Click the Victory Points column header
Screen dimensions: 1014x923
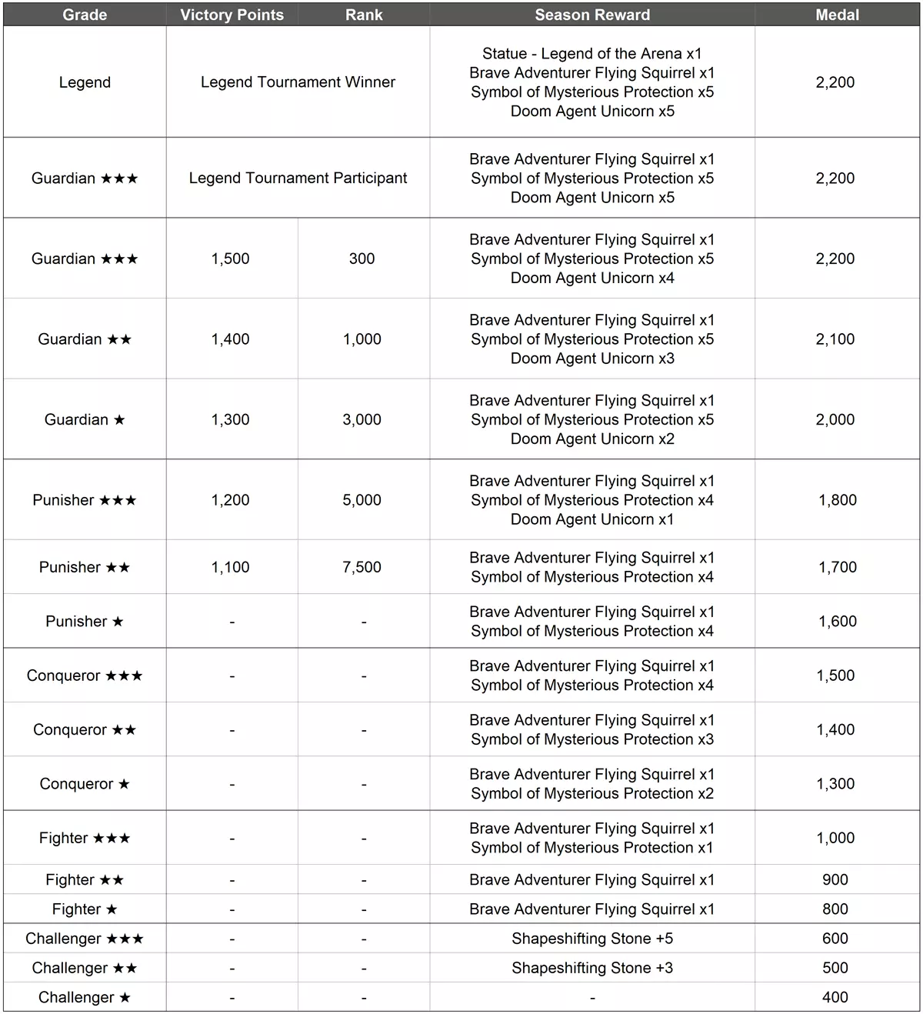232,15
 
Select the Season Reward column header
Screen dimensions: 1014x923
592,15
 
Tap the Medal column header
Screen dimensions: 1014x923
837,15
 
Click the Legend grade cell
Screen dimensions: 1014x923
85,82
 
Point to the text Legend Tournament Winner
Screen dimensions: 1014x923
298,82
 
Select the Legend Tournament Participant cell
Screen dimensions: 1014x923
298,178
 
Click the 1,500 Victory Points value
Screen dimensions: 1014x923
231,259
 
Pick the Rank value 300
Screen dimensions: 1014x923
362,259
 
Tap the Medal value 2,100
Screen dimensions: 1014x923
835,339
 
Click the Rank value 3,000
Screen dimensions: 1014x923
362,420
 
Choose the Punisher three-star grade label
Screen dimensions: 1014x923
85,500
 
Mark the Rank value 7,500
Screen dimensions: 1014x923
362,568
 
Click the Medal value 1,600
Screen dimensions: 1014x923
837,622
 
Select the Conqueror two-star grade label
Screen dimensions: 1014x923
85,730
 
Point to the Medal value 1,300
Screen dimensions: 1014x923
835,784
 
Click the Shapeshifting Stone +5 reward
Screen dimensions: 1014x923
592,939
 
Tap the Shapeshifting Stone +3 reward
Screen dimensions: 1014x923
592,968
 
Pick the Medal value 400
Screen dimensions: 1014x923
835,998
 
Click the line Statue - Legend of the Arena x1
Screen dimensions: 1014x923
592,54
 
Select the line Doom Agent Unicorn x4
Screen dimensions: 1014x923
592,279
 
